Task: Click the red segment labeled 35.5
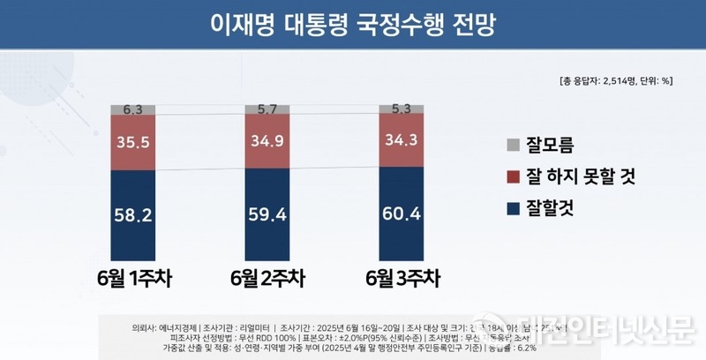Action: (133, 141)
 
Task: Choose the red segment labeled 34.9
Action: (267, 140)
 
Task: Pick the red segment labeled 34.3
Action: (402, 139)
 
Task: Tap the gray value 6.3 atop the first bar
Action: (133, 109)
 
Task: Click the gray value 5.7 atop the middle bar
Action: (267, 109)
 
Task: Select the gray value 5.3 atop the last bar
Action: (402, 109)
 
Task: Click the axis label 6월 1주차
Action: (133, 280)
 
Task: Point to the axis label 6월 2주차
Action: (267, 280)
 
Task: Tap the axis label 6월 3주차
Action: (402, 280)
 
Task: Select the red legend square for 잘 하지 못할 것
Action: (514, 177)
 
